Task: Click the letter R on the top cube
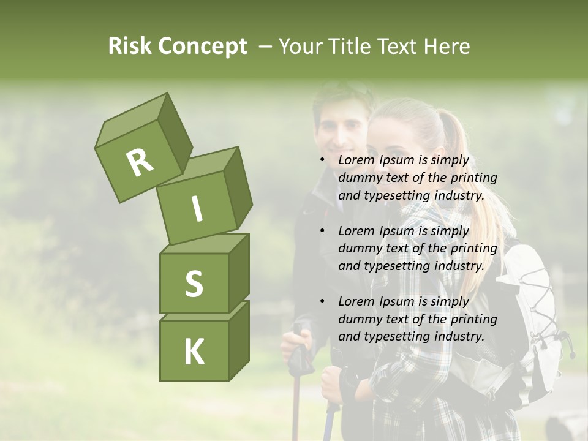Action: point(140,162)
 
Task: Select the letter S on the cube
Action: point(194,283)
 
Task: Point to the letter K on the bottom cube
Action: point(194,352)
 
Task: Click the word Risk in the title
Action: point(129,47)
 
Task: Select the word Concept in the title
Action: point(202,47)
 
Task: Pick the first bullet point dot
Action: point(322,160)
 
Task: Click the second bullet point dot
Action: point(322,231)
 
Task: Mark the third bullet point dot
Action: point(322,301)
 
